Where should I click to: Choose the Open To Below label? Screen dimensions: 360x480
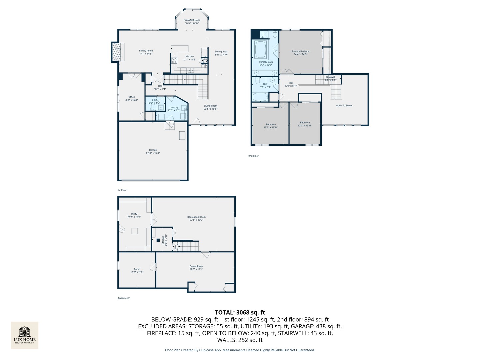click(344, 106)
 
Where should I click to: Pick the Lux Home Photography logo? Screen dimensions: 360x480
click(25, 335)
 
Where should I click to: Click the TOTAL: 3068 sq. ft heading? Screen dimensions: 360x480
click(240, 312)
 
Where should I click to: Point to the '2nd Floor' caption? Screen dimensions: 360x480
click(253, 156)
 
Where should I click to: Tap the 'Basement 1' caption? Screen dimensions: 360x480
click(124, 298)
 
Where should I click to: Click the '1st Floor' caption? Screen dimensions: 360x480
click(122, 190)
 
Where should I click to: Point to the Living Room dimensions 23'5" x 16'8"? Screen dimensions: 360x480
click(211, 109)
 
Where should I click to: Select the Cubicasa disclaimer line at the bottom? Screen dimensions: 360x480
click(240, 350)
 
